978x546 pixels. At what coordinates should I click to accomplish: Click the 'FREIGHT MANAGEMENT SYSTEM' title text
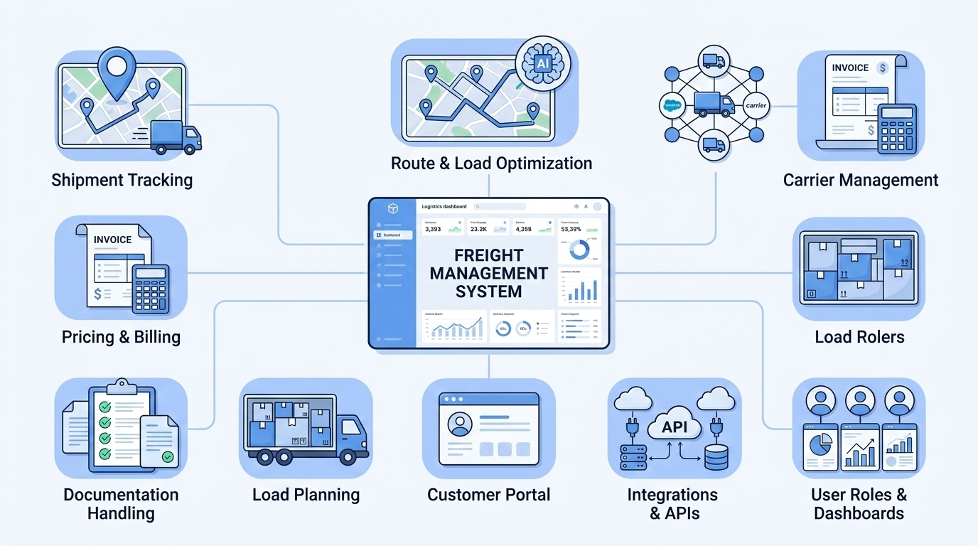[x=489, y=273]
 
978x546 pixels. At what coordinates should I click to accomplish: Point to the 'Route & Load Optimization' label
[x=491, y=163]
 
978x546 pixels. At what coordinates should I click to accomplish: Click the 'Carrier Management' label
[x=860, y=180]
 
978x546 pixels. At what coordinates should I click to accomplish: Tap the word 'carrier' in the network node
[x=755, y=105]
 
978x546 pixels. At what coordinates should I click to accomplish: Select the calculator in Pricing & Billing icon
[x=150, y=288]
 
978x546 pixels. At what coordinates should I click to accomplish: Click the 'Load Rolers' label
[x=859, y=336]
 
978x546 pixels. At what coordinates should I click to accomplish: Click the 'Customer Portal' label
[x=488, y=494]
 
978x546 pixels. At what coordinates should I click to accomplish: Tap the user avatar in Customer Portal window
[x=460, y=424]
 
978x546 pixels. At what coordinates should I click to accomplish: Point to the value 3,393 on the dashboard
[x=433, y=230]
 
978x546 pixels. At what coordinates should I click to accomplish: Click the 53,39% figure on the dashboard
[x=571, y=230]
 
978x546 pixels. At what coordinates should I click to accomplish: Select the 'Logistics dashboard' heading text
[x=444, y=206]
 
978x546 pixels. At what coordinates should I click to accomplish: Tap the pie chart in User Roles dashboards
[x=820, y=447]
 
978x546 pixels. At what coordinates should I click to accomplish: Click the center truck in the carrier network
[x=713, y=105]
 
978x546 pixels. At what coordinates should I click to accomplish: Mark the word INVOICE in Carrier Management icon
[x=850, y=68]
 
